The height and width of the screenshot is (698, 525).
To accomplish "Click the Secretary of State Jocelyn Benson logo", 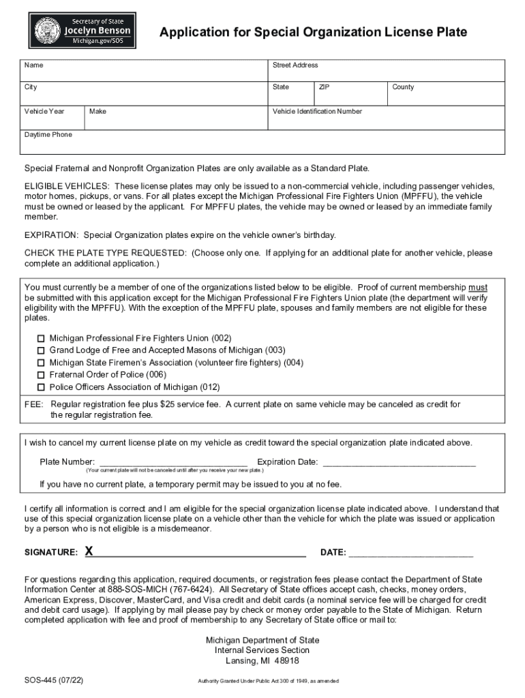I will coord(82,31).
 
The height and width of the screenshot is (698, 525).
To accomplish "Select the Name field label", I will coord(34,65).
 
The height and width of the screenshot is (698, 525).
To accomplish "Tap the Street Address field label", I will coord(295,65).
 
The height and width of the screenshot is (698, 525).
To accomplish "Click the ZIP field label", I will coord(325,87).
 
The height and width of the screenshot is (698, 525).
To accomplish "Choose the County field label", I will coord(403,87).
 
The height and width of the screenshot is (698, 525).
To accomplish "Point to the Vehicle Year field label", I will coord(44,111).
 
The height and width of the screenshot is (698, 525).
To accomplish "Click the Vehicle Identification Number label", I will coord(317,111).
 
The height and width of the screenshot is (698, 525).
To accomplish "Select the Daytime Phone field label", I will coord(48,135).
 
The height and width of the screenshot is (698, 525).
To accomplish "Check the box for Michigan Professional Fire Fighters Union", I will coord(41,338).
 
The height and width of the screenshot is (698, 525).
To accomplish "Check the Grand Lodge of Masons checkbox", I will coord(41,350).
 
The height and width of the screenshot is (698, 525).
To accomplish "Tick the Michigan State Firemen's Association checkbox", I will coord(41,363).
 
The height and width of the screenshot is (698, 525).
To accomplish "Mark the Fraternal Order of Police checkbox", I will coord(41,375).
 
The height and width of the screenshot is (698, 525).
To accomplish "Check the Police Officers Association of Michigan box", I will coord(41,387).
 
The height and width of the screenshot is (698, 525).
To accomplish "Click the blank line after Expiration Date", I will coord(398,464).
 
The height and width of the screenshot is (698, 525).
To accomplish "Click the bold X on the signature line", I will coord(89,551).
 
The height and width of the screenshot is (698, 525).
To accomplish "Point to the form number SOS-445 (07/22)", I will coord(54,680).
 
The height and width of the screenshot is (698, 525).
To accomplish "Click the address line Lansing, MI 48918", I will coord(262,661).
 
